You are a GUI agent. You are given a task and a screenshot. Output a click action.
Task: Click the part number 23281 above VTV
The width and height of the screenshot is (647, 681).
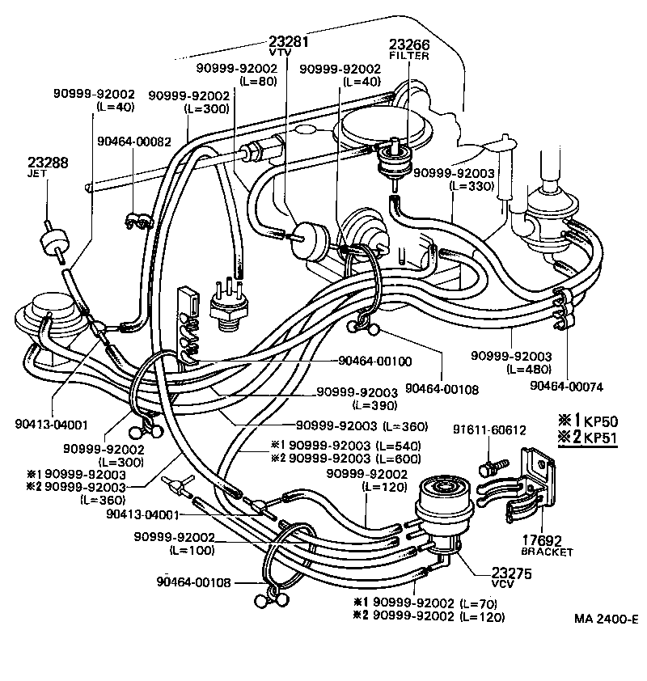pos(288,40)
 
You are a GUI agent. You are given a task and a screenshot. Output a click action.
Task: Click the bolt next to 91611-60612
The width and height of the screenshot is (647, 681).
pos(493,467)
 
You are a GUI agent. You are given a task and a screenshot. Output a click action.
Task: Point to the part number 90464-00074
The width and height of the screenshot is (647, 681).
pos(566,386)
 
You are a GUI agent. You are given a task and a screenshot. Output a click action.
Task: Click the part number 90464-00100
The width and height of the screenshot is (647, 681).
pos(374,361)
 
